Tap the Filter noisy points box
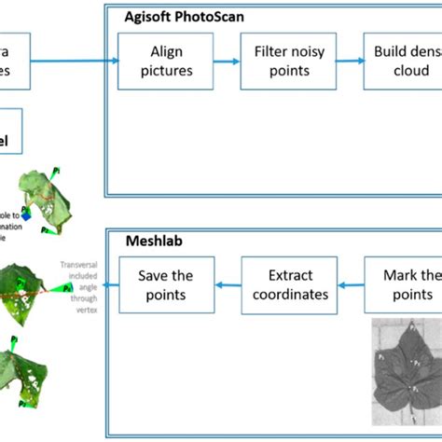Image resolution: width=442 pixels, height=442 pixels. click(x=289, y=60)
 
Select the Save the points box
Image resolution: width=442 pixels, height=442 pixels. click(x=167, y=285)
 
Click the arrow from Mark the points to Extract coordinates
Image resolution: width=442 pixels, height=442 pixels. click(x=349, y=285)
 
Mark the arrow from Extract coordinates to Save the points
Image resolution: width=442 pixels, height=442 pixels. click(x=228, y=285)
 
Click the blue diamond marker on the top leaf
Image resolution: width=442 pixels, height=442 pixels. click(x=29, y=214)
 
